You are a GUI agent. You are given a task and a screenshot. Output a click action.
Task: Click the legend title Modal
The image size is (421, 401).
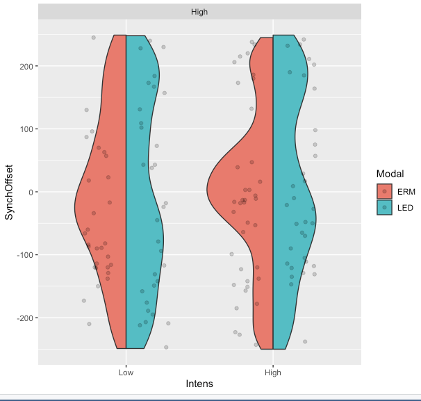click(390, 173)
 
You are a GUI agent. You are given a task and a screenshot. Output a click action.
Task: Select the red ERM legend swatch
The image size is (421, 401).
click(385, 191)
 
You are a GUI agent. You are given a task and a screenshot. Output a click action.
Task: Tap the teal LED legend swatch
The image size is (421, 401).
click(385, 207)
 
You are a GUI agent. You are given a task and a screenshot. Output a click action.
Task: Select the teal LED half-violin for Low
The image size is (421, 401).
click(142, 208)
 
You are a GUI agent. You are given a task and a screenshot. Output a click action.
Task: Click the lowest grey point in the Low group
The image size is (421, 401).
click(166, 347)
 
